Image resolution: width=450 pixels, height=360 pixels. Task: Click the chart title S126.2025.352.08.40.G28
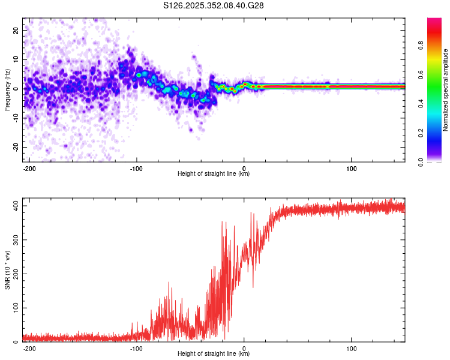tap(214, 6)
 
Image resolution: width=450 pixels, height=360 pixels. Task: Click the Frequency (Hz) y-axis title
tap(7, 90)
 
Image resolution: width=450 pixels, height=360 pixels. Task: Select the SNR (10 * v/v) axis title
tap(7, 270)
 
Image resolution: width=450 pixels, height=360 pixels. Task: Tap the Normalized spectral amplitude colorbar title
tap(446, 90)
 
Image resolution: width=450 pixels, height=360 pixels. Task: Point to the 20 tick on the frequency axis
tap(17, 30)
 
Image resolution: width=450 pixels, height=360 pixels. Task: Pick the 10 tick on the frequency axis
tap(17, 59)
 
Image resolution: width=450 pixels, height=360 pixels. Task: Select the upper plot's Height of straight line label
tap(214, 174)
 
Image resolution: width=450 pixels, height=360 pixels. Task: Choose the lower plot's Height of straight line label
tap(214, 353)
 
